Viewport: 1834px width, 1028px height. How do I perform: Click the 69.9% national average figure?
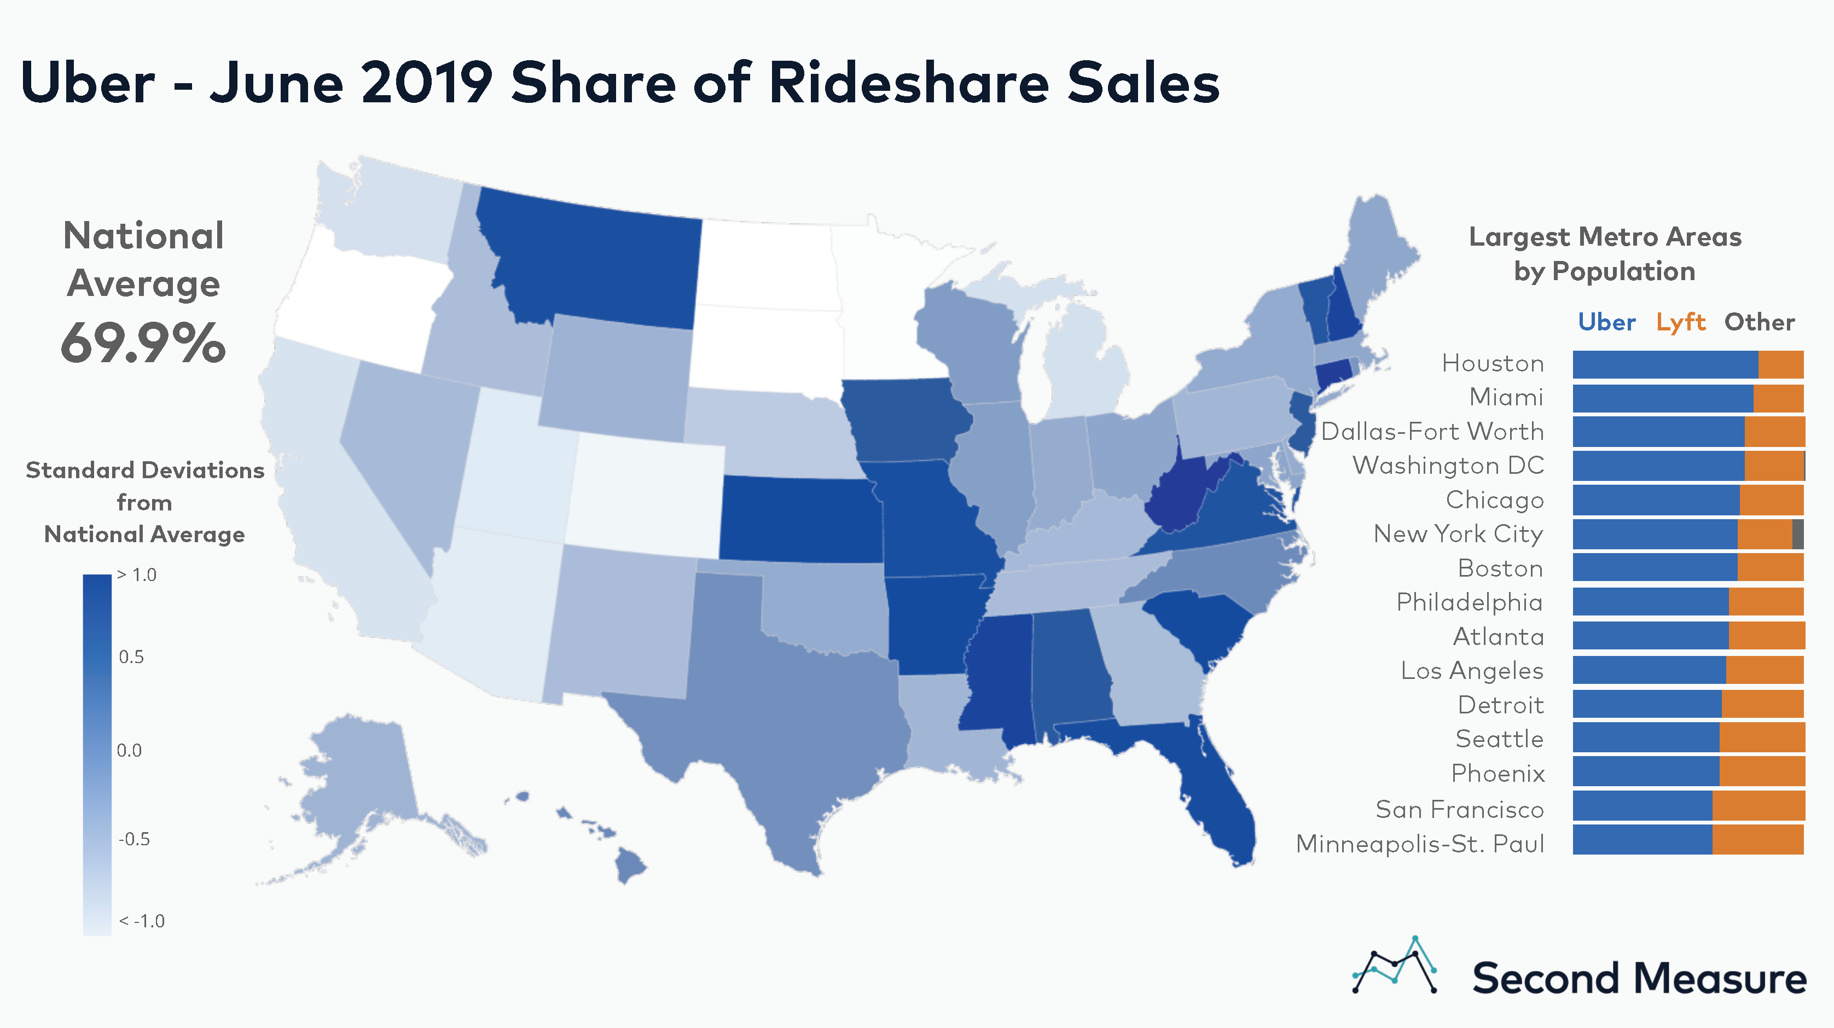coord(143,343)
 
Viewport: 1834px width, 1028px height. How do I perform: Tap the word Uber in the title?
coord(88,83)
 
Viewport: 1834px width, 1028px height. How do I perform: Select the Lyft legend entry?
coord(1680,322)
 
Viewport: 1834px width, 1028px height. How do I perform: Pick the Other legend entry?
coord(1759,322)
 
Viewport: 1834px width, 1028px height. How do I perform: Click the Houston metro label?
coord(1493,364)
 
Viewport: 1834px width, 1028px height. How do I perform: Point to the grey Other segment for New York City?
coord(1798,534)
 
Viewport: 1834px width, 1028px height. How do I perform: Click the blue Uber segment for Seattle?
coord(1645,737)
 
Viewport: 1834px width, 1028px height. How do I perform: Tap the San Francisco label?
coord(1460,810)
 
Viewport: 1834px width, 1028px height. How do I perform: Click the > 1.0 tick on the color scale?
coord(137,575)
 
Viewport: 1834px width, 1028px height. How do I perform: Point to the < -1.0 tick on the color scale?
coord(142,921)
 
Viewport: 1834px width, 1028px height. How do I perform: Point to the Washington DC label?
coord(1448,466)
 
